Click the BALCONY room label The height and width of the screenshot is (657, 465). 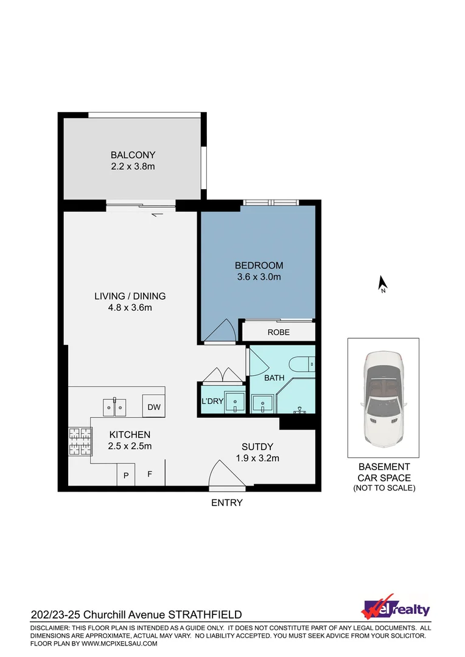click(x=133, y=155)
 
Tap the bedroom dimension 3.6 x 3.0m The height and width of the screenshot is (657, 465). click(x=259, y=277)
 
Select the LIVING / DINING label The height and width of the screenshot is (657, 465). click(x=130, y=296)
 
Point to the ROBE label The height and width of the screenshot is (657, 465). click(x=278, y=332)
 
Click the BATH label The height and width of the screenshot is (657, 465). click(x=274, y=378)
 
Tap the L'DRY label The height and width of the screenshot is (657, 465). click(x=211, y=402)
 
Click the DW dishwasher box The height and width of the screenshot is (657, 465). click(x=153, y=407)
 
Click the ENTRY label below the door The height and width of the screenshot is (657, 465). click(x=226, y=502)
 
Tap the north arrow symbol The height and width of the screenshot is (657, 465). click(x=383, y=284)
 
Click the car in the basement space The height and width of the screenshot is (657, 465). click(x=383, y=398)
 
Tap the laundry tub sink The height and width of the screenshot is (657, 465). click(x=234, y=402)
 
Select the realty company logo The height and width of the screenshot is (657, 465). click(x=396, y=608)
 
